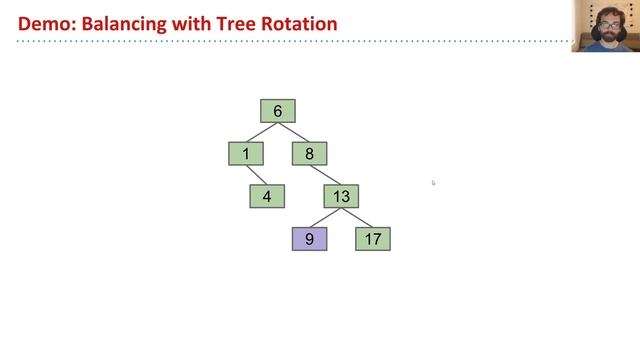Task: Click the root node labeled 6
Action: click(x=277, y=111)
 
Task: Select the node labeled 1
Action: click(x=245, y=154)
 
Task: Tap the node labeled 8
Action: click(x=309, y=154)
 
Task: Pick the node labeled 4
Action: click(x=267, y=196)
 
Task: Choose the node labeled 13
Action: click(x=341, y=196)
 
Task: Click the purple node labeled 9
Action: click(x=309, y=239)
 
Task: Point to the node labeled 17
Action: click(x=373, y=239)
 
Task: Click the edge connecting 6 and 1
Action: click(x=261, y=132)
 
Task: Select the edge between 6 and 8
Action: click(x=293, y=132)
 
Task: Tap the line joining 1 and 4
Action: click(x=256, y=175)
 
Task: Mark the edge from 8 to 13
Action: click(x=325, y=175)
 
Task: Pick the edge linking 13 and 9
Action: click(x=325, y=217)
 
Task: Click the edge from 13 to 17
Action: click(x=357, y=217)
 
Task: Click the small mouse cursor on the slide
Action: click(x=433, y=182)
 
